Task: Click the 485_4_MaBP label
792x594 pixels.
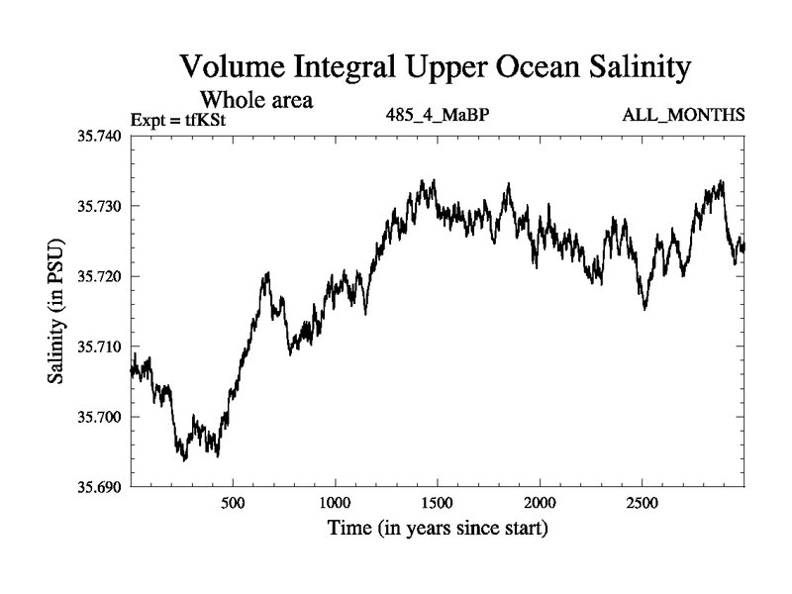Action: (438, 115)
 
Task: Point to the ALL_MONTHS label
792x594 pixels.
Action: (683, 115)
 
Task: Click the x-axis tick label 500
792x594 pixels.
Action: (233, 504)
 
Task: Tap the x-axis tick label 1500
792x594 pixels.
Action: (438, 504)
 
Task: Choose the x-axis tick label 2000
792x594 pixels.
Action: (540, 504)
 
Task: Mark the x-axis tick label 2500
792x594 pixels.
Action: (643, 504)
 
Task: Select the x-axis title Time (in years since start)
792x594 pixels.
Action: (438, 530)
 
